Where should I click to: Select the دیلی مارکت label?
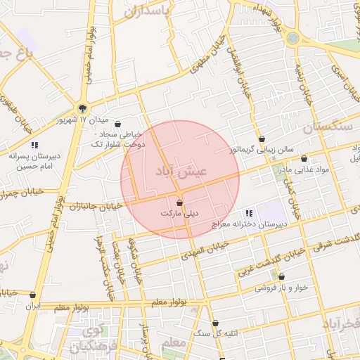tap(180, 213)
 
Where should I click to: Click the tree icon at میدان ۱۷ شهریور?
tap(83, 108)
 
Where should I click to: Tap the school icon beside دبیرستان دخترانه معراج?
tap(249, 213)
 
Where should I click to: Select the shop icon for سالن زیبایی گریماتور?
tap(262, 139)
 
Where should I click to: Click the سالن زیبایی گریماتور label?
tap(262, 150)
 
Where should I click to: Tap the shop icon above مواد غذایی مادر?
tap(304, 159)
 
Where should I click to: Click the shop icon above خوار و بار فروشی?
tap(282, 277)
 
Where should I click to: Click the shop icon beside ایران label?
tap(33, 295)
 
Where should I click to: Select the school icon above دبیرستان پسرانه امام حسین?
tap(34, 145)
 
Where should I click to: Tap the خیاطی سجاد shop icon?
tap(117, 124)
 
